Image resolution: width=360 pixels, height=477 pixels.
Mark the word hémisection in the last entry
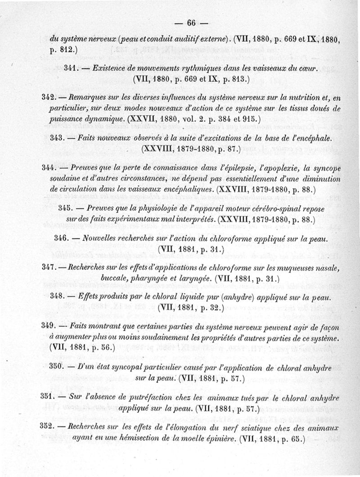pos(135,438)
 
